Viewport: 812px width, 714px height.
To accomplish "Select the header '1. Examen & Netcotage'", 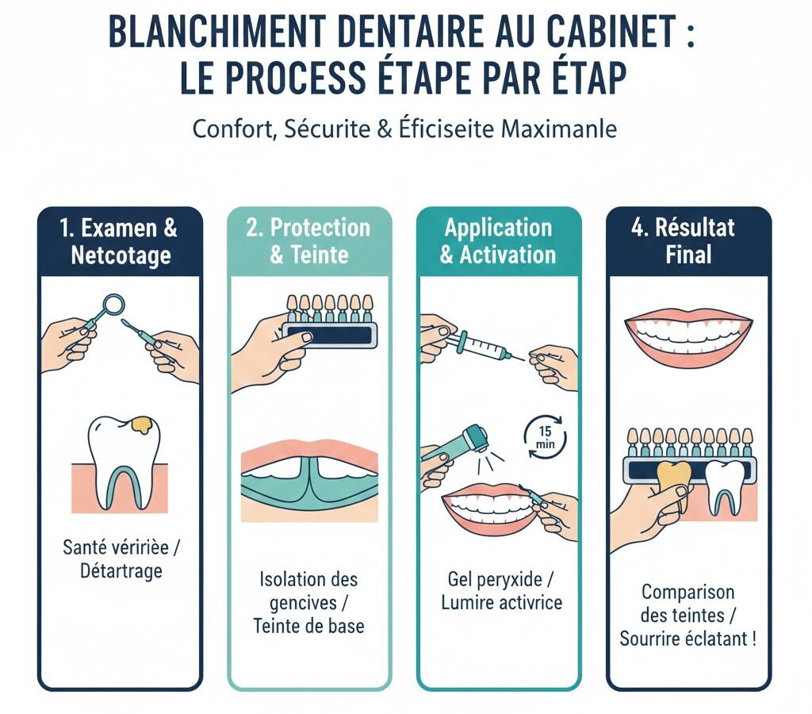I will [119, 241].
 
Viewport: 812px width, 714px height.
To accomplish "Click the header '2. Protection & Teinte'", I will [308, 241].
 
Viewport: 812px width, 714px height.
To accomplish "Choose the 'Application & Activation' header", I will [498, 241].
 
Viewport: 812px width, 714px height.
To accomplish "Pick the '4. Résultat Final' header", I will [688, 241].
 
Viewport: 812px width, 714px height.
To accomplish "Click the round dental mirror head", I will [114, 303].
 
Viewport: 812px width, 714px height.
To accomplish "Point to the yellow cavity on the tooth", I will [144, 424].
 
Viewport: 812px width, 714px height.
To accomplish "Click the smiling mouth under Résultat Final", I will [688, 337].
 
